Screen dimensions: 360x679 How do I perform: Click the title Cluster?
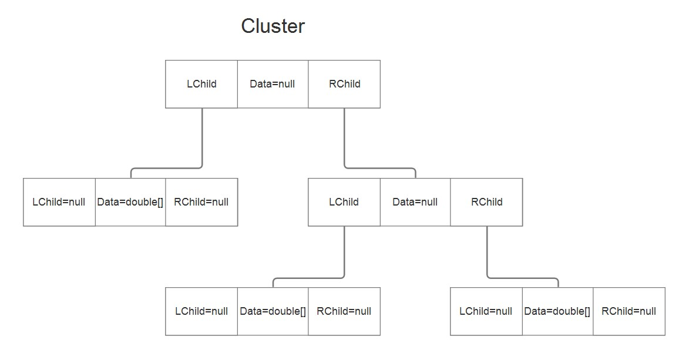point(273,26)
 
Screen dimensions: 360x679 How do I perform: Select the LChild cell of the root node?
point(201,84)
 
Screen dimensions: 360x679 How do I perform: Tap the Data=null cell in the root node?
point(273,84)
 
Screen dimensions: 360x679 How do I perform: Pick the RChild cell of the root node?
point(344,84)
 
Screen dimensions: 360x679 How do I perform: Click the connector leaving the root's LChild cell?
point(202,141)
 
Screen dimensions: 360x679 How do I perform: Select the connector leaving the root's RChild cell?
point(344,141)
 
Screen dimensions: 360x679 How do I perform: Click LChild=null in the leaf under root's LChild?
point(59,202)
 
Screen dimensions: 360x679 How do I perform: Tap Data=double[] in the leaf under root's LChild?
point(130,202)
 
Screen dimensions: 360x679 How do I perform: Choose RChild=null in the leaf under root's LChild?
point(201,202)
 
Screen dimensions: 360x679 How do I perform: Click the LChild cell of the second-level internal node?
point(344,202)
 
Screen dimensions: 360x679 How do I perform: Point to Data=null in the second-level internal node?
point(415,202)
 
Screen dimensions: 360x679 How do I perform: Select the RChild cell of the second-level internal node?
point(486,202)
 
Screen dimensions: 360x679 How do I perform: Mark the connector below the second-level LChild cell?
point(344,253)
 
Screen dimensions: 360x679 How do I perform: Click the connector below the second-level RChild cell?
point(487,253)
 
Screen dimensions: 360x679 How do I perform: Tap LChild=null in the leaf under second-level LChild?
point(201,311)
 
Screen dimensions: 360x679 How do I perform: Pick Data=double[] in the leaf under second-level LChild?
point(273,311)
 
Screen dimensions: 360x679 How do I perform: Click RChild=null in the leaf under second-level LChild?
point(344,311)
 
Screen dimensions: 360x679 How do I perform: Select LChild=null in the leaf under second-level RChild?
point(486,311)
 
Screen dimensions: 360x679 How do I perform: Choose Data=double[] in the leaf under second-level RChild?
point(557,311)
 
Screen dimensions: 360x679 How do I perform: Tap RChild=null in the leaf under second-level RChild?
point(628,311)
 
